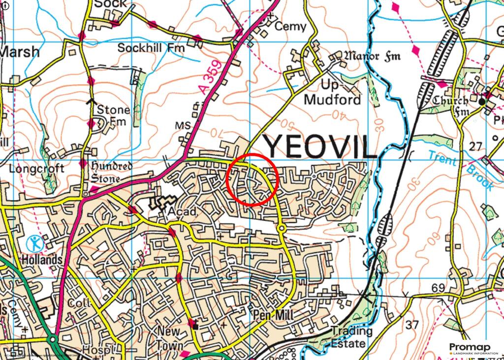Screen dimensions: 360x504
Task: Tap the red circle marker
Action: coord(253,180)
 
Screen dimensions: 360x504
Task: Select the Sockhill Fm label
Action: coord(151,48)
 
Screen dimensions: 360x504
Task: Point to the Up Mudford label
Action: coord(333,92)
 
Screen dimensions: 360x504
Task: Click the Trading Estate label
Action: coord(348,337)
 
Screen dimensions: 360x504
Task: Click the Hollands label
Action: coord(41,259)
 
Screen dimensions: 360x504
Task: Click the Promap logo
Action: coord(472,349)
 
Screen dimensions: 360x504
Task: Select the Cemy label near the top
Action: coord(290,27)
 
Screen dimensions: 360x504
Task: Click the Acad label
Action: coord(183,211)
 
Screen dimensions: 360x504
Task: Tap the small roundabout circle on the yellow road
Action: coord(281,228)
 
